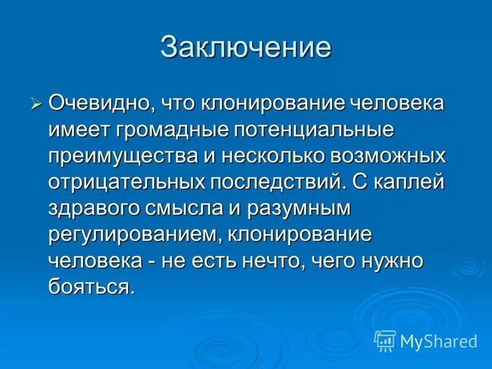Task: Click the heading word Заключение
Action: pyautogui.click(x=245, y=48)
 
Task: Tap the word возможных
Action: pyautogui.click(x=387, y=156)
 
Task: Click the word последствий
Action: pyautogui.click(x=269, y=183)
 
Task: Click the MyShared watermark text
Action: pyautogui.click(x=438, y=339)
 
